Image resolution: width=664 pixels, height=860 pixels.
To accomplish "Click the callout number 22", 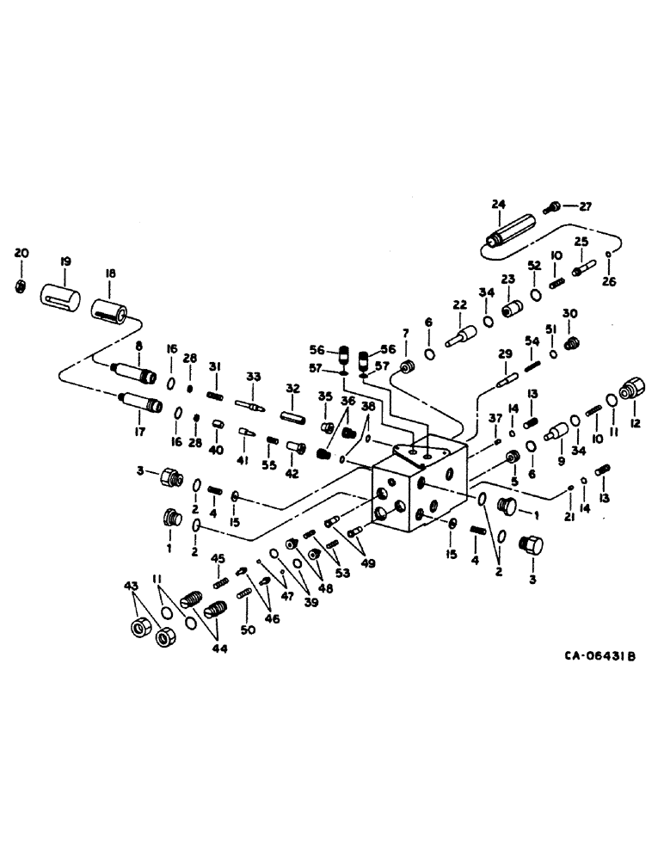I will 460,305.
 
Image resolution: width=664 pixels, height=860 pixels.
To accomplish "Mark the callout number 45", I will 218,558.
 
